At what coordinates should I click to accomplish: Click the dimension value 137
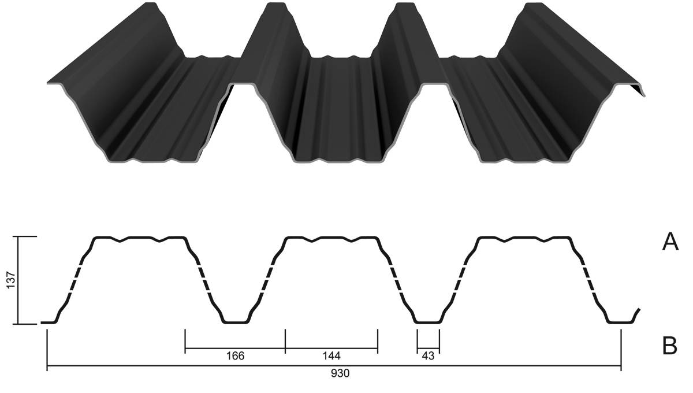11,280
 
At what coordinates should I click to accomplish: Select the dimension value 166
235,356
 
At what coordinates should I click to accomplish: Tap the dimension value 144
331,356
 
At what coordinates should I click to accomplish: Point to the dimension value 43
428,356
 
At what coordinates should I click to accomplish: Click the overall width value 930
340,373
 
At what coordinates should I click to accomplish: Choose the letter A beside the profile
670,242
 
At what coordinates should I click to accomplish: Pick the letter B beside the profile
670,346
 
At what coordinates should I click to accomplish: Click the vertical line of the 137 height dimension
18,280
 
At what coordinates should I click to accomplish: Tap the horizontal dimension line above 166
235,348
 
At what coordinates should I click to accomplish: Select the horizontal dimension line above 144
331,348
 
